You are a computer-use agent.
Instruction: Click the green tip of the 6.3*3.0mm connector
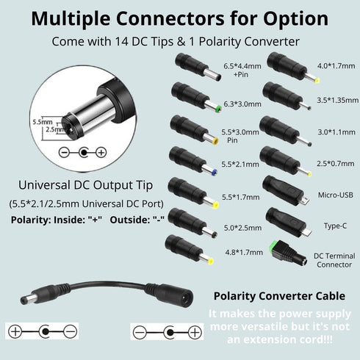pos(219,109)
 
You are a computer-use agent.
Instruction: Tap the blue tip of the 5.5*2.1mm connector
pos(214,173)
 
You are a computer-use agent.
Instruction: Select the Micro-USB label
pos(336,195)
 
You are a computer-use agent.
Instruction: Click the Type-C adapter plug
pos(289,223)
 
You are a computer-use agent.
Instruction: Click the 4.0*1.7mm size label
pos(336,65)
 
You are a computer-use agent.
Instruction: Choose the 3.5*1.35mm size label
pos(338,100)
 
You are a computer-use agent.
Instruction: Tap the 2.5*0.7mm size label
pos(336,163)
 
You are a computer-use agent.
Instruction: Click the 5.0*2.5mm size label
pos(242,228)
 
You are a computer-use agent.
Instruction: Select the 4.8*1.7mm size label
pos(244,252)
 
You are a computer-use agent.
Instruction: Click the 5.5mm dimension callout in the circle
pos(43,122)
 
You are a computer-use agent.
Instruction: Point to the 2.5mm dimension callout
pos(55,129)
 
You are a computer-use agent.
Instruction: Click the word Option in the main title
pos(296,19)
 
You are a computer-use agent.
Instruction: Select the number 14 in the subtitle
pos(121,41)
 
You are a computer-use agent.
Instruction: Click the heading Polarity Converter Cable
pos(279,296)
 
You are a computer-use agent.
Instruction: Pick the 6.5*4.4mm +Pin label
pos(242,70)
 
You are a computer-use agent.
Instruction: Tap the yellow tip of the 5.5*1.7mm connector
pos(216,204)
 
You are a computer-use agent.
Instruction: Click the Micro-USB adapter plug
pos(285,191)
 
